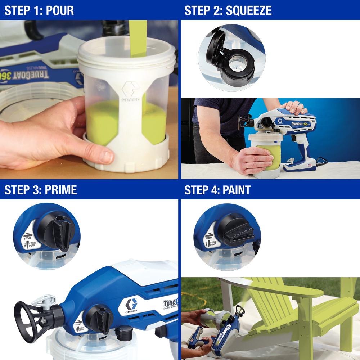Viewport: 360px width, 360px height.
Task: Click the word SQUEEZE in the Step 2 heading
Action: pos(249,10)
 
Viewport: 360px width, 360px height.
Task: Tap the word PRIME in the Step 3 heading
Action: pos(61,190)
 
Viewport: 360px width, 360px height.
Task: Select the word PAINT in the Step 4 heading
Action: pos(235,190)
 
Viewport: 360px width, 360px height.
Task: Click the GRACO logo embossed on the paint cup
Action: pos(129,93)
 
